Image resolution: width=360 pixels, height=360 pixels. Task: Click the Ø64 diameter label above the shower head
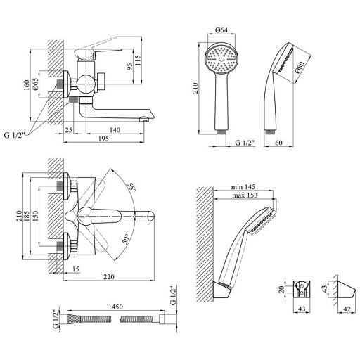click(x=221, y=30)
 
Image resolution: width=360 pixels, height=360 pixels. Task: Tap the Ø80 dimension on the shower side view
click(x=300, y=67)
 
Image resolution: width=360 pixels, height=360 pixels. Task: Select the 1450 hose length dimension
click(x=115, y=307)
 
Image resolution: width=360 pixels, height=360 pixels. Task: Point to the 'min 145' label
click(x=243, y=187)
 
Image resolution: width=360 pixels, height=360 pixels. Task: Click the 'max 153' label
click(x=245, y=195)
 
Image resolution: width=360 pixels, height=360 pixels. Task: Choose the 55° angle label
click(x=131, y=187)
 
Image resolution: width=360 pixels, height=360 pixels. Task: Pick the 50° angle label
click(x=126, y=239)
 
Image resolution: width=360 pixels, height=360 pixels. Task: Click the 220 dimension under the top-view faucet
click(x=109, y=277)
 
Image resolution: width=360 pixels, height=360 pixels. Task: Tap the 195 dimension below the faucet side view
click(x=103, y=139)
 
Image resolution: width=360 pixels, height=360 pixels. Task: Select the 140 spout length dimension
click(x=115, y=130)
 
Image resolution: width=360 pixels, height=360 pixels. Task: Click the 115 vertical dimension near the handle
click(x=139, y=60)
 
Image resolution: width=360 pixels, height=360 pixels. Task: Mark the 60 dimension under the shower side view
click(x=278, y=143)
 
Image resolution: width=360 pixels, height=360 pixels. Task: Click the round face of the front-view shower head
click(x=221, y=59)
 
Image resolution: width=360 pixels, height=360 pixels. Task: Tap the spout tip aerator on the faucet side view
click(x=144, y=120)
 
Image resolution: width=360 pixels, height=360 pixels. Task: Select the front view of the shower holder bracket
click(x=302, y=290)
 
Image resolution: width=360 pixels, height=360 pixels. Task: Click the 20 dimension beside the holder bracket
click(x=282, y=290)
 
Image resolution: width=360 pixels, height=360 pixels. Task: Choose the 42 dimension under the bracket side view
click(x=347, y=309)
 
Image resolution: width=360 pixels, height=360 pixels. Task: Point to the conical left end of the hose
click(x=74, y=319)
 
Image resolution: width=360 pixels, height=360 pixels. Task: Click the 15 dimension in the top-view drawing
click(x=76, y=269)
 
